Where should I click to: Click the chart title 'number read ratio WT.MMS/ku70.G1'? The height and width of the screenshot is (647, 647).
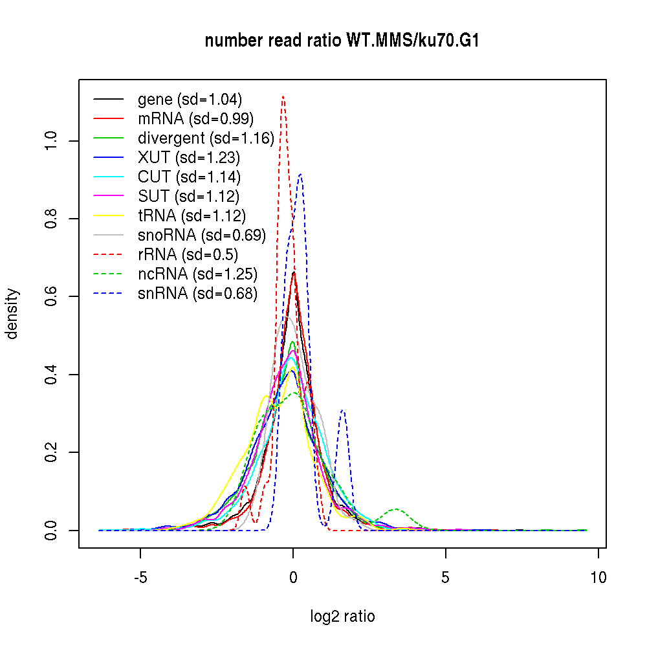(x=342, y=41)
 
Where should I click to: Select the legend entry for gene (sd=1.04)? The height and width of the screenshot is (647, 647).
(x=190, y=100)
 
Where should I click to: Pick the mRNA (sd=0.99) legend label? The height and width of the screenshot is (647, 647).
(x=195, y=119)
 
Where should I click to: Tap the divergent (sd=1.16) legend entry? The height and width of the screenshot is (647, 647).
(x=206, y=138)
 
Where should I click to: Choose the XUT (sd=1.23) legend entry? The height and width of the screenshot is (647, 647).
(x=189, y=158)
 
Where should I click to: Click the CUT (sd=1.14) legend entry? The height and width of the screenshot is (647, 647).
(x=189, y=177)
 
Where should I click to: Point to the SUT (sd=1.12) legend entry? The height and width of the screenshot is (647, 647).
(x=189, y=197)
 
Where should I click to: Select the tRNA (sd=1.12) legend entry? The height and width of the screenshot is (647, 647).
(x=192, y=216)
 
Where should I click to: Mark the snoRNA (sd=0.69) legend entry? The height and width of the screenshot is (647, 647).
(x=202, y=236)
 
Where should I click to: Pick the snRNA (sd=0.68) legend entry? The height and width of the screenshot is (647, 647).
(x=198, y=294)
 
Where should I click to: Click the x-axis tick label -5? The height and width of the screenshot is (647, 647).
(x=140, y=578)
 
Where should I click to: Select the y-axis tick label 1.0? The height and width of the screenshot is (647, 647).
(x=52, y=141)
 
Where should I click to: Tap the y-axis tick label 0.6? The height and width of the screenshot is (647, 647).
(x=52, y=296)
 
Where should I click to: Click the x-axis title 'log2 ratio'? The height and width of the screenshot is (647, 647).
(x=342, y=617)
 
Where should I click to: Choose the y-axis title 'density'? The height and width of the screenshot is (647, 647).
(x=13, y=313)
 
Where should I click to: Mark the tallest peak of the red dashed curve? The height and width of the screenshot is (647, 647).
(x=283, y=96)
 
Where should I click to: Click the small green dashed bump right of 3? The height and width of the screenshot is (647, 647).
(x=396, y=509)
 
